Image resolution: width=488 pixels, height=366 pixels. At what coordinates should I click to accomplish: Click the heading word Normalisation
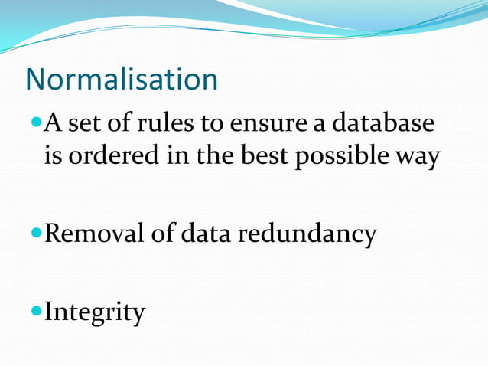coord(122,80)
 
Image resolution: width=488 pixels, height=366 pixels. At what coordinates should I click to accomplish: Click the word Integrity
coord(95,312)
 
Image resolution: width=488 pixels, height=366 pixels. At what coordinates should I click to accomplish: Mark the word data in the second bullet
coord(206,234)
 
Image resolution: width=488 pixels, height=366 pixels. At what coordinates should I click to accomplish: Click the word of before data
coord(162,234)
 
